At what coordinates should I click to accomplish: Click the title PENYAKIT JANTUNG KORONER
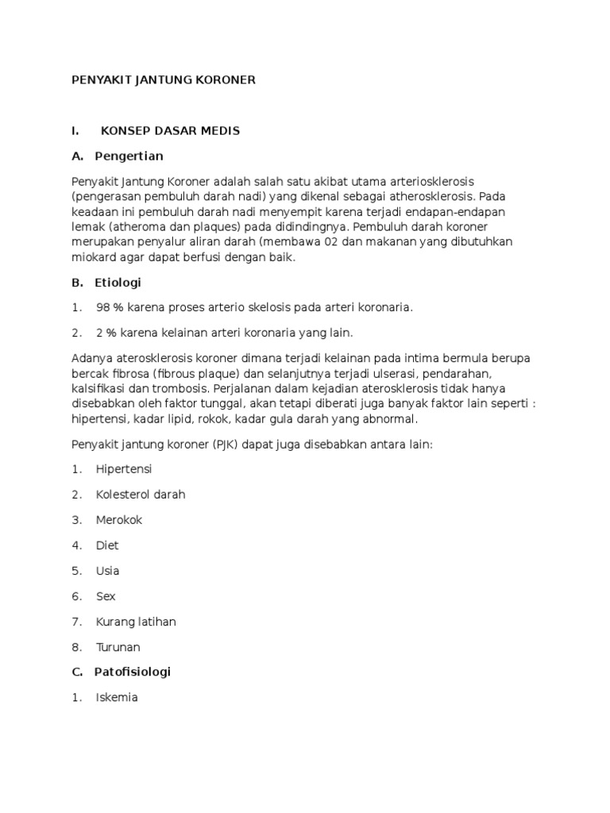(163, 80)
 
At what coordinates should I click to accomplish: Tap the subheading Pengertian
(128, 156)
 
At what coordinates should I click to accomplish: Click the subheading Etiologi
(118, 282)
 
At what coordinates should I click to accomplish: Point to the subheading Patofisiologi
(132, 672)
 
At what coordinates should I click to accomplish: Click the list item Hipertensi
(124, 468)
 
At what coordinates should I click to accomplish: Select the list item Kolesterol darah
(141, 494)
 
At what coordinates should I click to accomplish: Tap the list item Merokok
(119, 519)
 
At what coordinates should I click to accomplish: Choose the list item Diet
(107, 545)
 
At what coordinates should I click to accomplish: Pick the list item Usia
(107, 570)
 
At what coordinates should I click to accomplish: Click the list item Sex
(106, 595)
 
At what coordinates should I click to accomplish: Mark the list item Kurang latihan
(136, 621)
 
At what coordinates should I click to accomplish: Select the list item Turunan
(118, 646)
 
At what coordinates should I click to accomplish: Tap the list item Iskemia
(117, 697)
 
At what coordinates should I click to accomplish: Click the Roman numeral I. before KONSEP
(75, 130)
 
